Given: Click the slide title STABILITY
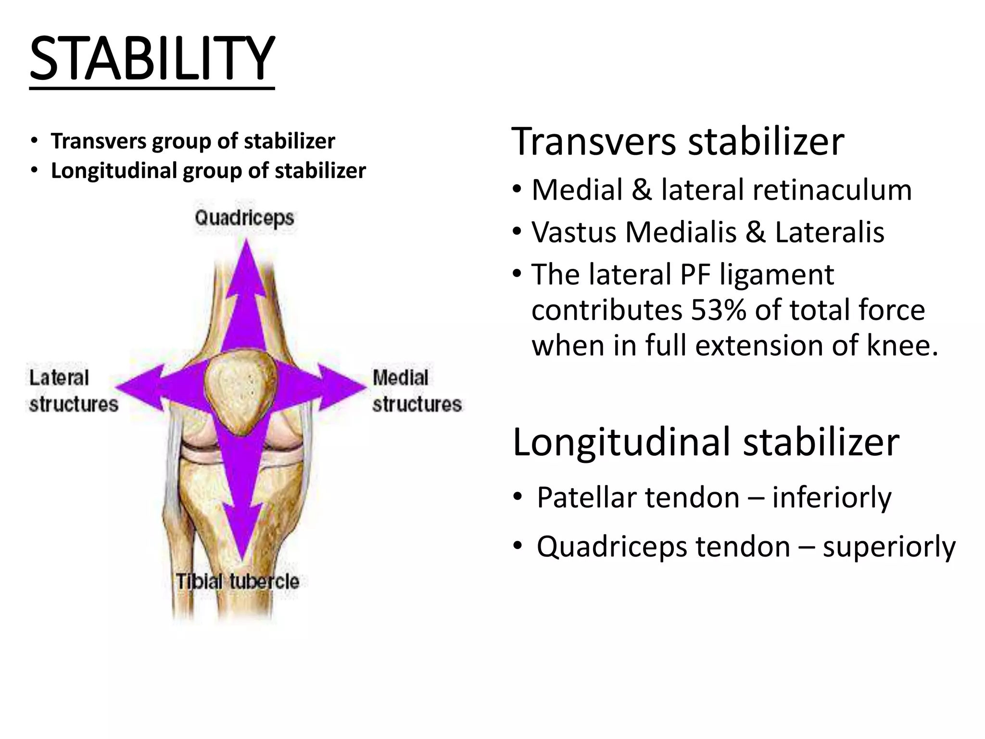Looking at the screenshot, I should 152,60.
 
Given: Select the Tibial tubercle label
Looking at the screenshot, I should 237,582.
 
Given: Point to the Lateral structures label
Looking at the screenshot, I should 73,391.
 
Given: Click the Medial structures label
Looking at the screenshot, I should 417,391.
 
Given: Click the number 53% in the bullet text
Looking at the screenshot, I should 718,310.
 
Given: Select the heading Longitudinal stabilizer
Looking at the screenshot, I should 706,442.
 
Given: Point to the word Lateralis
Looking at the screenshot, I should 829,232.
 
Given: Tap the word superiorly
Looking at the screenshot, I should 889,547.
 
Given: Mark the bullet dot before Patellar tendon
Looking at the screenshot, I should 517,497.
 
